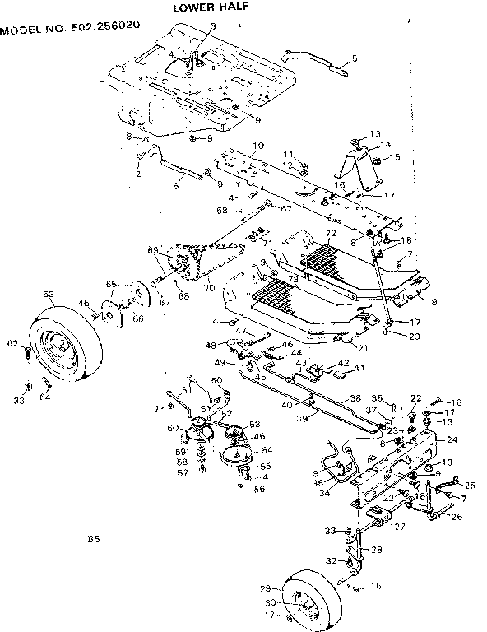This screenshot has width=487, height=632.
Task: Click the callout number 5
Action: click(355, 58)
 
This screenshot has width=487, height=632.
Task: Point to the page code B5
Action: click(94, 541)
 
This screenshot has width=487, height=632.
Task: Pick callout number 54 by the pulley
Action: click(266, 450)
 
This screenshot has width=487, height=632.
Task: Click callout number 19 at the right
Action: click(433, 302)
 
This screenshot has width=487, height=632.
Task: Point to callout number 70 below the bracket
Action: click(210, 288)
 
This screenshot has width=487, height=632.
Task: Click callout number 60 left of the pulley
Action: click(172, 428)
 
